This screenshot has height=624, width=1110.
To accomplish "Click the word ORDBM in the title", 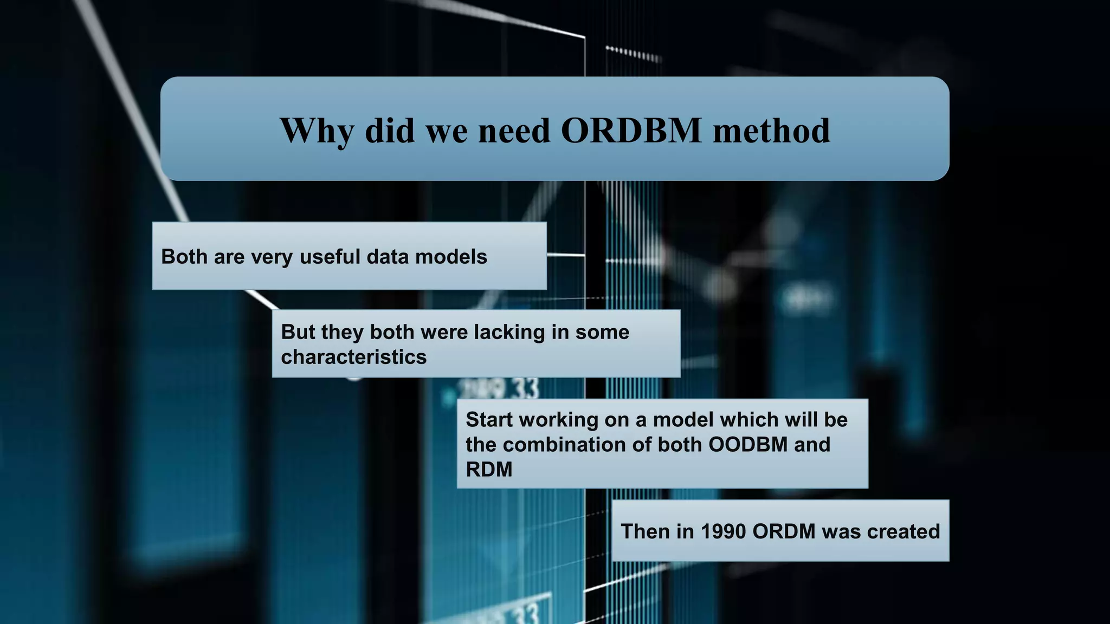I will pyautogui.click(x=631, y=131).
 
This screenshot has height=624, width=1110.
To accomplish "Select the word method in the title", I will pyautogui.click(x=771, y=131).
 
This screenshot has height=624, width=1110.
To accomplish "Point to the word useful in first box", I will pyautogui.click(x=330, y=257).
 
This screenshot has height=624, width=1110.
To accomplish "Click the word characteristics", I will pyautogui.click(x=353, y=357).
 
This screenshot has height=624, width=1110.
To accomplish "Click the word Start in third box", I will pyautogui.click(x=489, y=420).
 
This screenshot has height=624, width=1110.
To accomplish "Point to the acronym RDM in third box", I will pyautogui.click(x=489, y=470).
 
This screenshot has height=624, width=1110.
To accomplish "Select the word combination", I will pyautogui.click(x=580, y=445).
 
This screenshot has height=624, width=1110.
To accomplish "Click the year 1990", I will pyautogui.click(x=723, y=531).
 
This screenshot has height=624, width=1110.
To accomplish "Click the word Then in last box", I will pyautogui.click(x=644, y=531).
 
